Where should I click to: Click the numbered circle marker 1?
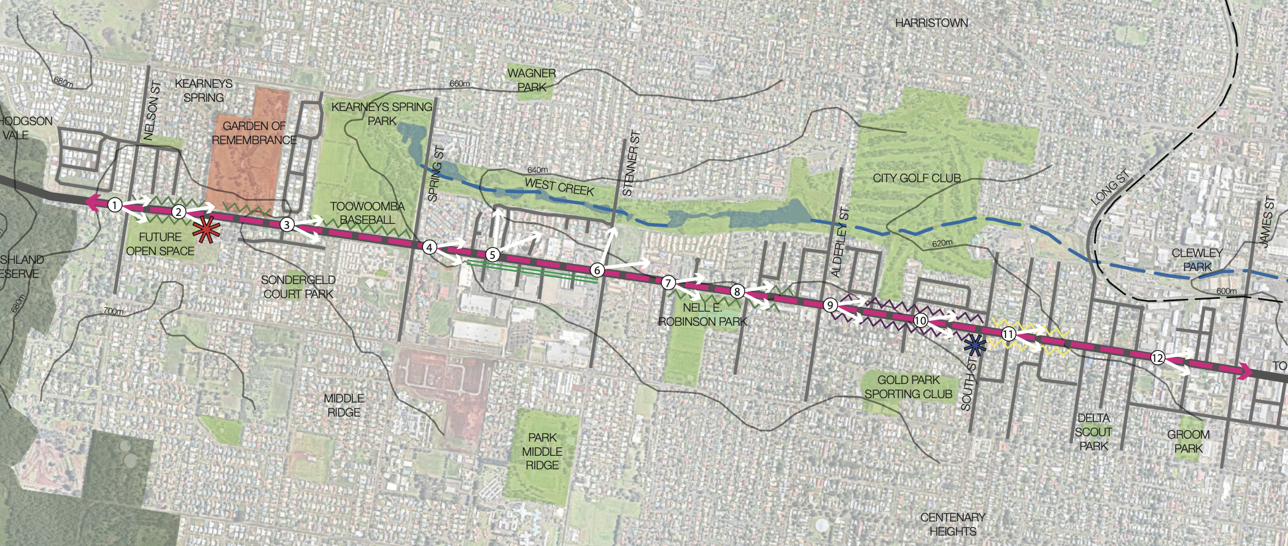click(x=115, y=205)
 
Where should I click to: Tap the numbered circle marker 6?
click(x=597, y=270)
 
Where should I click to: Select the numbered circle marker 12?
click(x=1157, y=358)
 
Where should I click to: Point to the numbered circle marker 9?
click(x=830, y=305)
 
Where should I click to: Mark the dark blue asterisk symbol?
click(x=974, y=347)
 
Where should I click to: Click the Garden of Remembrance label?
click(x=254, y=133)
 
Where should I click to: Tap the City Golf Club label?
click(x=917, y=179)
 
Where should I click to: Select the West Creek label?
click(x=559, y=186)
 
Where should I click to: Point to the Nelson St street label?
click(x=152, y=110)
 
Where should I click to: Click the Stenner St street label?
click(x=631, y=163)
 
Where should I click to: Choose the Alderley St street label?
click(x=839, y=242)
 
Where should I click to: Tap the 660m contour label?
click(x=459, y=83)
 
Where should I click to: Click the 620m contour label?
click(x=942, y=244)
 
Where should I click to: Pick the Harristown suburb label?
click(x=931, y=23)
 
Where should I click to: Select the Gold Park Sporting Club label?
click(x=908, y=387)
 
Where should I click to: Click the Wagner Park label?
click(x=532, y=80)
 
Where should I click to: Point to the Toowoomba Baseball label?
click(x=367, y=213)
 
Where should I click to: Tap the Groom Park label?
click(x=1188, y=441)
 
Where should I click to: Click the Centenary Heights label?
click(x=952, y=524)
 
